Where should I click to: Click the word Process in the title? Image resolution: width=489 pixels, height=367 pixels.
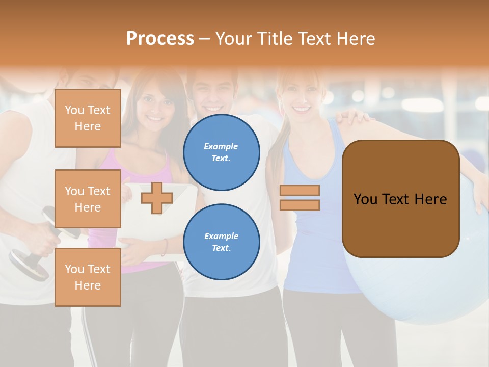click(160, 39)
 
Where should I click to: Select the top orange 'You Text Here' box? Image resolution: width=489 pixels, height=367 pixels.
click(88, 118)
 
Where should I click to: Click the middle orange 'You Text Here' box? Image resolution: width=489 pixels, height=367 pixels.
click(88, 199)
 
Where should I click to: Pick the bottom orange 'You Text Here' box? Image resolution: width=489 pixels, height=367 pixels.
click(88, 277)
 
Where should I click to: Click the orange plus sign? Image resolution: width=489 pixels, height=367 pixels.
click(157, 198)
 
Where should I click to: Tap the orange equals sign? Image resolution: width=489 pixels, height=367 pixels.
click(300, 198)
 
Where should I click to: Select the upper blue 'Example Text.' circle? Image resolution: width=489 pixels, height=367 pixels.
click(221, 152)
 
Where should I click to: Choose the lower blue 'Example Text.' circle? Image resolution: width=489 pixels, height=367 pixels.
click(221, 242)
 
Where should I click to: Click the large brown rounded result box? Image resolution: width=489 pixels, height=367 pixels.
click(400, 199)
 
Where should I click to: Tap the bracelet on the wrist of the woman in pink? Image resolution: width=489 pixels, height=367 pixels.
click(165, 247)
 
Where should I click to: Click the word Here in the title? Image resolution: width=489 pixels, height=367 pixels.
click(356, 39)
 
